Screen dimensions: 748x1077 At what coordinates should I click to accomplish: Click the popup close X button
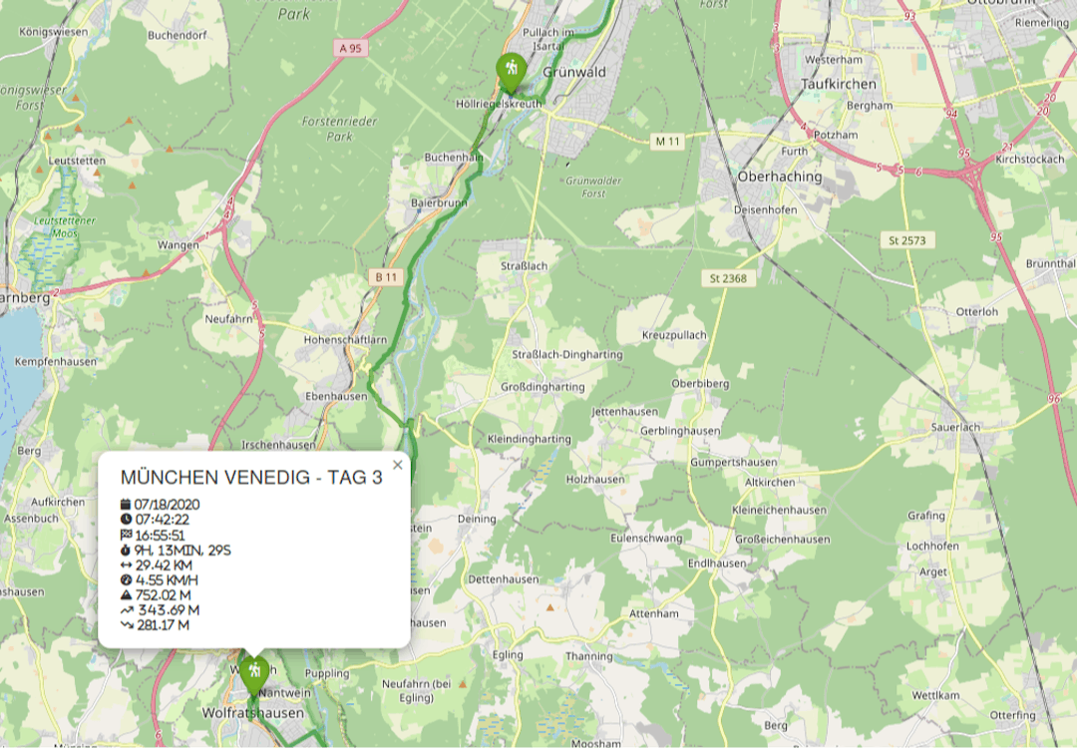pos(398,465)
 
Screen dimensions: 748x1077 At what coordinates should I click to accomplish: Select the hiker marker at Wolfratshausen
pos(254,672)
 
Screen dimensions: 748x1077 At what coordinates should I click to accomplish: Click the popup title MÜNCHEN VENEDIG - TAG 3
pos(251,478)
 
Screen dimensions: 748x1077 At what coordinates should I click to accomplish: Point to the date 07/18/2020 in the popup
pos(167,504)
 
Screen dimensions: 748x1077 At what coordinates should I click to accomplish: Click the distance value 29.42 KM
pos(164,564)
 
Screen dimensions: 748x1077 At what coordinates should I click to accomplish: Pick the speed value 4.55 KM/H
pos(167,579)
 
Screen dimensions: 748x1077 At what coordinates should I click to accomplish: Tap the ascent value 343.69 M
pos(168,609)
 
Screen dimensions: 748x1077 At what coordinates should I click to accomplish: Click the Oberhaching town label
pos(780,177)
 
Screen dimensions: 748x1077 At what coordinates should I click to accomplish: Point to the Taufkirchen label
pos(839,85)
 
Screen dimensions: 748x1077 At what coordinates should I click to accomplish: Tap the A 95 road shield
pos(349,47)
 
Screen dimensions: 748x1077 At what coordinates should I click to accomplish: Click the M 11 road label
pos(667,142)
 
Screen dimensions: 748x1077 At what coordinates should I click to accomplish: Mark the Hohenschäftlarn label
pos(345,340)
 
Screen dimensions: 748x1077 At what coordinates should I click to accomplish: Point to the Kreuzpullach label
pos(674,335)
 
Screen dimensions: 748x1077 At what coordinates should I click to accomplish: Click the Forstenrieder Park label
pos(327,129)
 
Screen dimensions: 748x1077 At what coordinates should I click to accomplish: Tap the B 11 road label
pos(387,276)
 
